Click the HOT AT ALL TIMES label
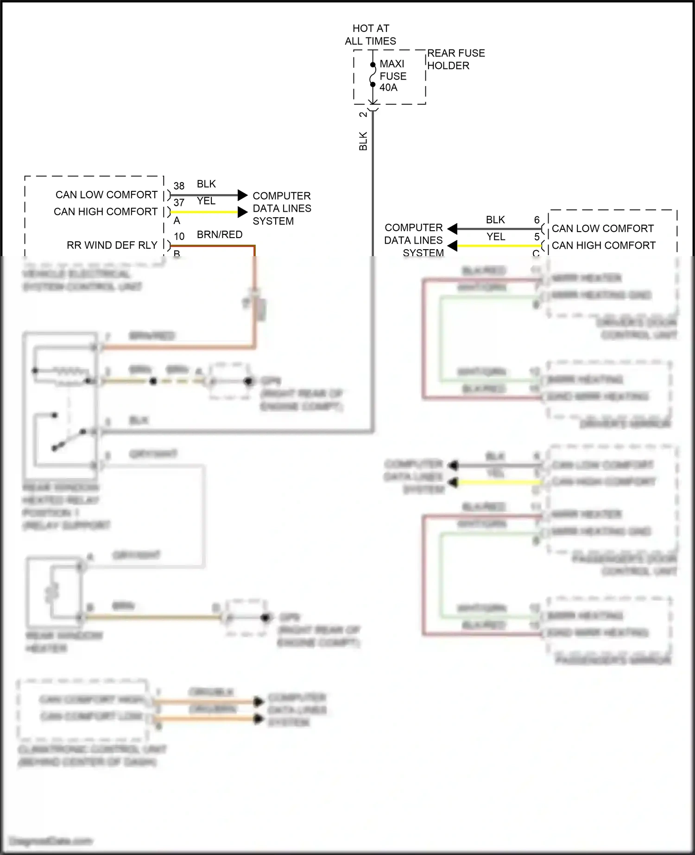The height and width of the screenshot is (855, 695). click(370, 35)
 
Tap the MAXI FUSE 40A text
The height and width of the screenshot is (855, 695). click(392, 75)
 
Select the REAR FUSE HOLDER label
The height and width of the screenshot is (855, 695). click(455, 59)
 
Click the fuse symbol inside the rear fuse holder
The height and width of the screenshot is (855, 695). click(373, 75)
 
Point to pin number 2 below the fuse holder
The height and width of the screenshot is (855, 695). click(363, 114)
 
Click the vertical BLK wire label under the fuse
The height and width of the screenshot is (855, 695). click(363, 141)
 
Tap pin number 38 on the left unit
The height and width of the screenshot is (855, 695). click(179, 186)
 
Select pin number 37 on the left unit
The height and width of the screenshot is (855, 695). click(179, 202)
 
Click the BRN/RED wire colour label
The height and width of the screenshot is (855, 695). click(220, 234)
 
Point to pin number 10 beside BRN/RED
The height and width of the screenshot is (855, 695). click(179, 236)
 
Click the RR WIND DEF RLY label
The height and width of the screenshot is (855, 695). click(112, 245)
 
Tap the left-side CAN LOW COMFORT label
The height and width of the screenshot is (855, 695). click(107, 195)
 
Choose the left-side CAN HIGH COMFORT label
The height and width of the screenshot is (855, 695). click(106, 212)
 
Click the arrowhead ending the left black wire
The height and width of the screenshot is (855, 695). click(243, 195)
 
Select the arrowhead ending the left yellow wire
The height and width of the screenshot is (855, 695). click(243, 212)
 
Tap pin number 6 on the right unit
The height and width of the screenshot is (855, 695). click(537, 220)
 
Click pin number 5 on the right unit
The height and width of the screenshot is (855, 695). click(537, 237)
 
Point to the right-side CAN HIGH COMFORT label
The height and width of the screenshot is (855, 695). click(603, 245)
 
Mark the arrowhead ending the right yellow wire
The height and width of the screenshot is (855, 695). click(453, 245)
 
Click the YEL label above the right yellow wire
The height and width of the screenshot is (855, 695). click(495, 237)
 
